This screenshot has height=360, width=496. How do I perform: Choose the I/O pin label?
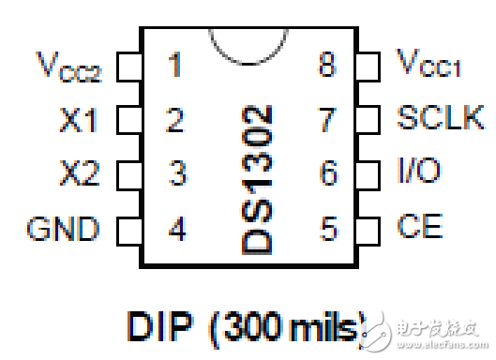click(x=419, y=172)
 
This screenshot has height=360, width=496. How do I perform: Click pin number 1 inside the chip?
click(x=174, y=66)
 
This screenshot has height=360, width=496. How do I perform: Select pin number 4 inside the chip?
click(x=175, y=228)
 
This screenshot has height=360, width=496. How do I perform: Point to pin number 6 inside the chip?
click(x=327, y=173)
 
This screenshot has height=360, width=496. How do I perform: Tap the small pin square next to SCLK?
click(x=371, y=120)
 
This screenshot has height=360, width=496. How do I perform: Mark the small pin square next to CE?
click(x=371, y=228)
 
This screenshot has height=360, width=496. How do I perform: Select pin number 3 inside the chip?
click(x=175, y=173)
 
